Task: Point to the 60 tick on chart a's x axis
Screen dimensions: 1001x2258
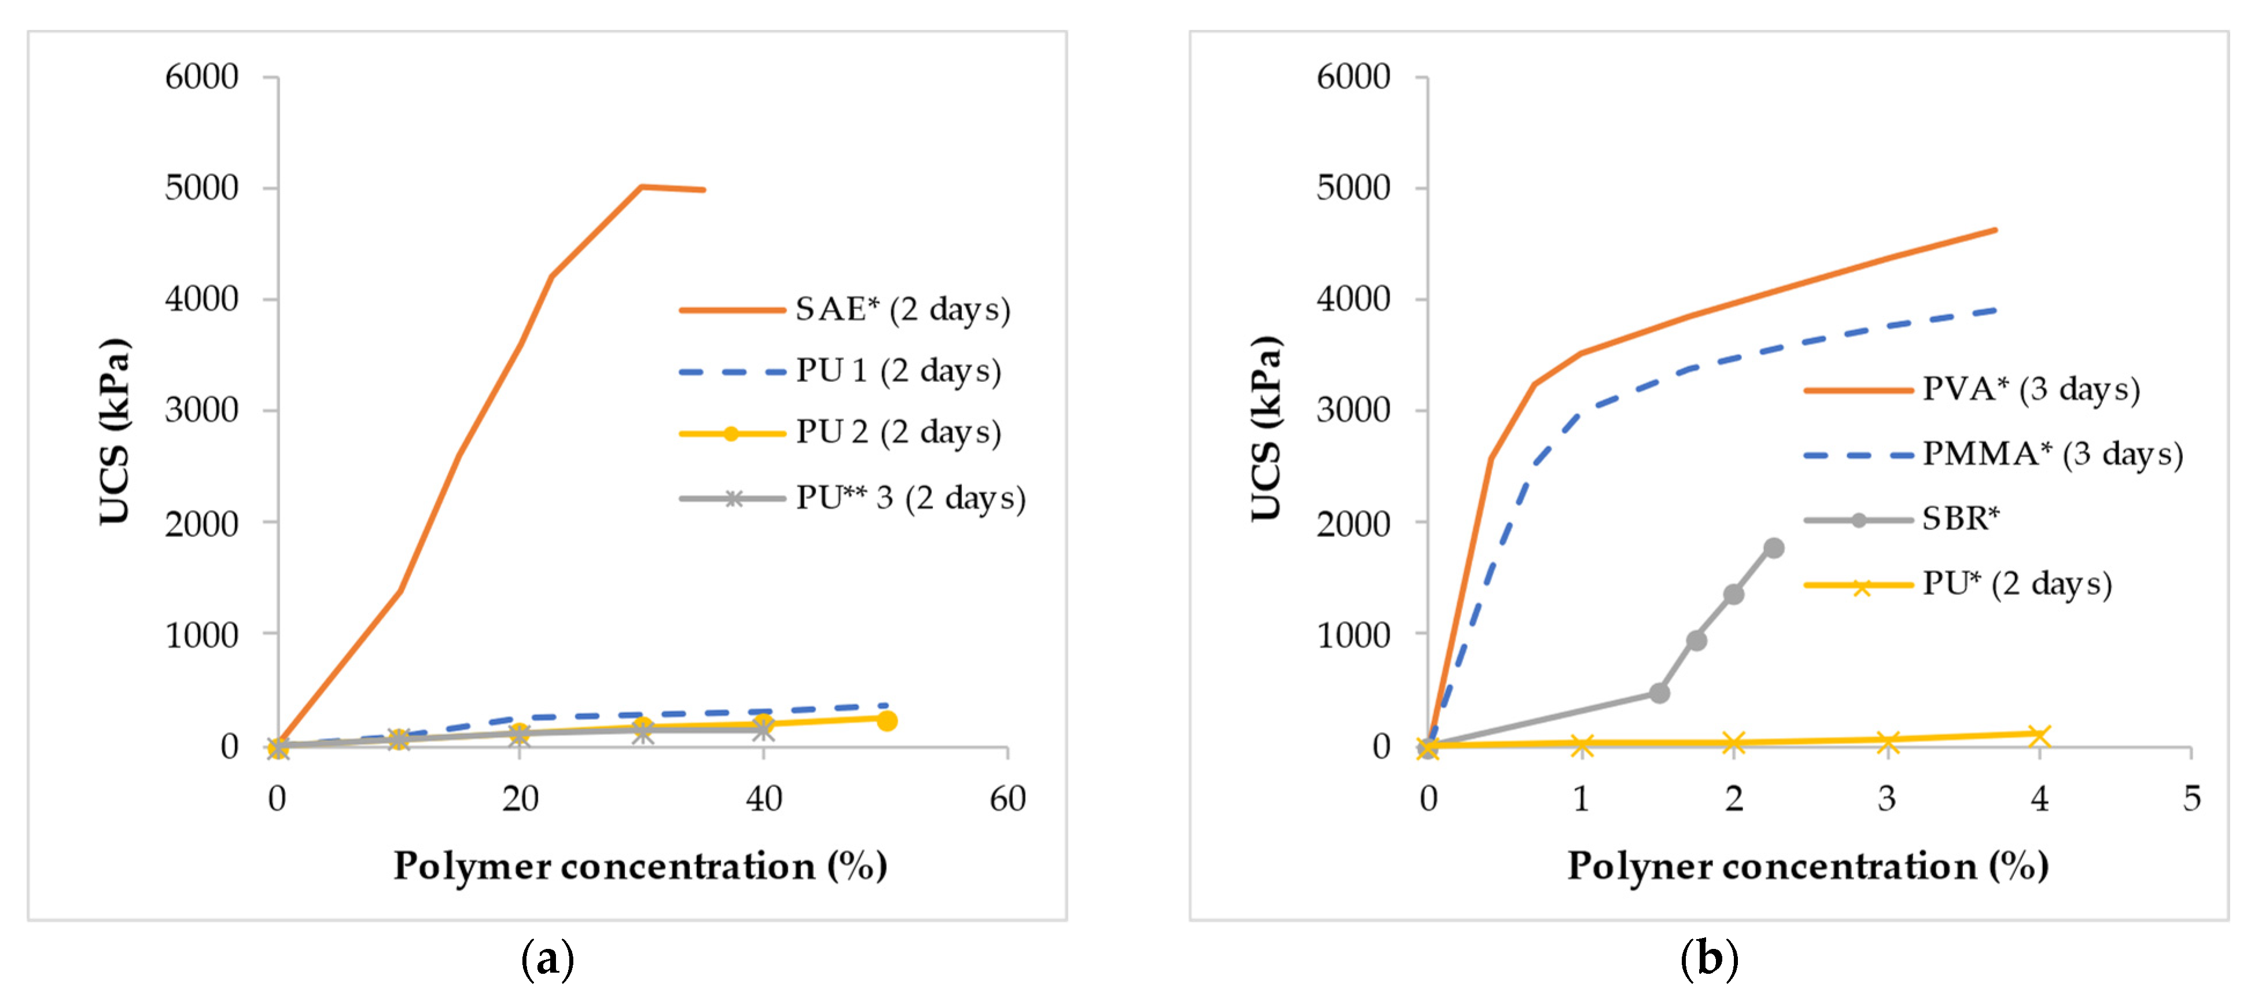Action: point(1007,798)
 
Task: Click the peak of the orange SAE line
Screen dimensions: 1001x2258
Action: point(642,186)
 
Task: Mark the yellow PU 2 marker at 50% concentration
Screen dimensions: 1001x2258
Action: point(886,720)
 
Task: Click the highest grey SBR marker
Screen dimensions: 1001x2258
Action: point(1773,548)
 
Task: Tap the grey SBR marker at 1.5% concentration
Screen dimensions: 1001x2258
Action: point(1659,693)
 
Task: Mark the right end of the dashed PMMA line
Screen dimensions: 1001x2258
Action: point(1995,310)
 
